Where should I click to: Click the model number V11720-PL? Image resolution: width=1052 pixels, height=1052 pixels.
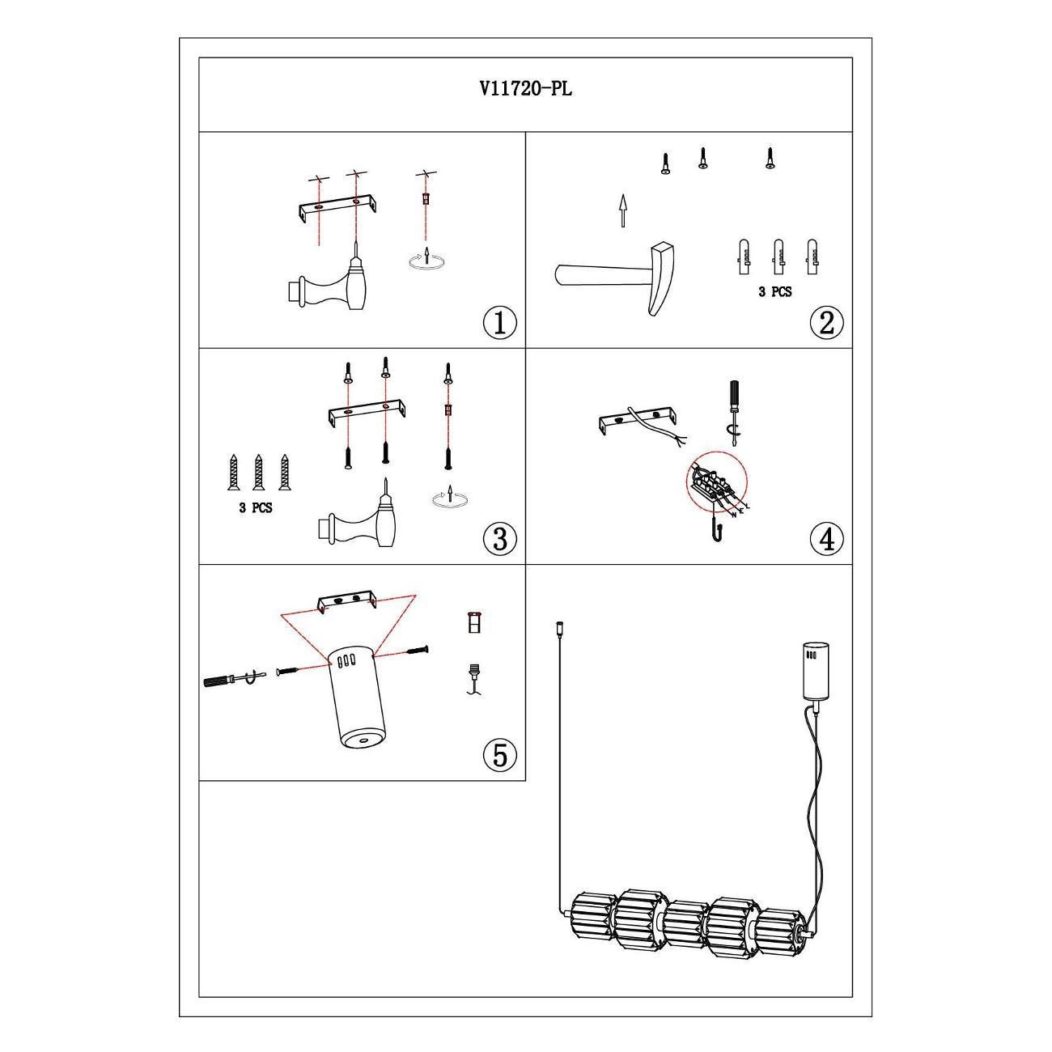[x=526, y=88]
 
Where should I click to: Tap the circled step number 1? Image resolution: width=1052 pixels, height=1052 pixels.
[x=499, y=323]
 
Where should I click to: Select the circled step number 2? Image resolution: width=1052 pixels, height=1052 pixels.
[x=826, y=323]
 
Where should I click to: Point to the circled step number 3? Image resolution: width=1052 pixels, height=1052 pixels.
[x=499, y=539]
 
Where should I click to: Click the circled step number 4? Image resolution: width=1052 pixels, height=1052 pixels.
[x=826, y=539]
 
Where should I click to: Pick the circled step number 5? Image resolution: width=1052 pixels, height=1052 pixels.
[x=499, y=756]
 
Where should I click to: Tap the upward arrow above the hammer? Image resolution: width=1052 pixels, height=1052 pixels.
[x=622, y=210]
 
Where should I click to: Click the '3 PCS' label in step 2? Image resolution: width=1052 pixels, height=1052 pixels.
[x=774, y=292]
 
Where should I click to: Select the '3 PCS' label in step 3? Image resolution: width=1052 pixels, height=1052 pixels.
[x=256, y=507]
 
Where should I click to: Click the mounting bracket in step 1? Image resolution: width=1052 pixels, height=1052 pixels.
[x=337, y=207]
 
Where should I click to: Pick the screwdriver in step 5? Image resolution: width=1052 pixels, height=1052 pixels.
[x=235, y=679]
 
